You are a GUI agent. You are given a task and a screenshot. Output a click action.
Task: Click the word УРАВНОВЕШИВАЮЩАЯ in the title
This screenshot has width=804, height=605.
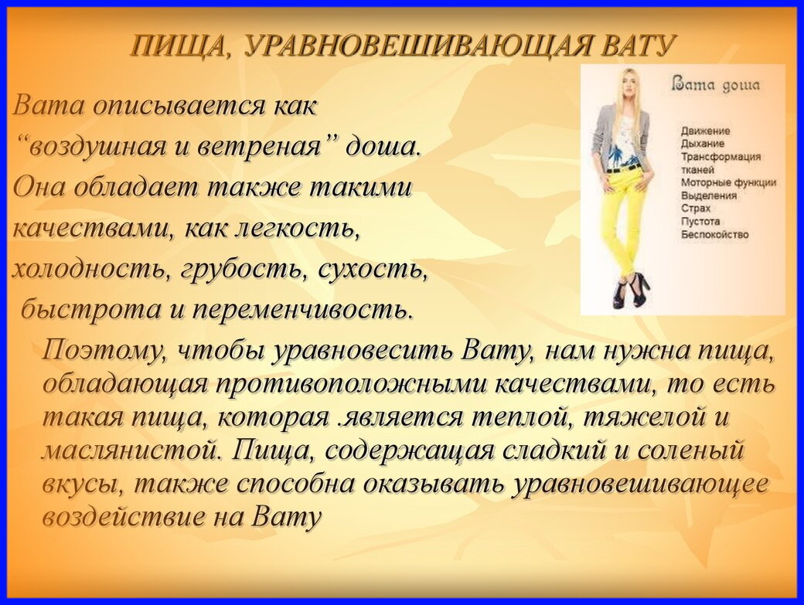tap(421, 46)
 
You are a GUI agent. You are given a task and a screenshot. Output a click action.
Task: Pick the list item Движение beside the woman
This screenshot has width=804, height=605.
tap(705, 131)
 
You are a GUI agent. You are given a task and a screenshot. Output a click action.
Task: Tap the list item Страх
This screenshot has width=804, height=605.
tap(695, 209)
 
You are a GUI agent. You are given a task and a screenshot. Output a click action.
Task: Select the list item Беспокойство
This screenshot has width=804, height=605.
tap(714, 234)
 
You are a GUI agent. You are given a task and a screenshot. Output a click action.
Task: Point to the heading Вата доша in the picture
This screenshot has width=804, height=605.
tap(716, 84)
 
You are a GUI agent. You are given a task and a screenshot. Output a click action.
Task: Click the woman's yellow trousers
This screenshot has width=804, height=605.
tap(622, 216)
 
